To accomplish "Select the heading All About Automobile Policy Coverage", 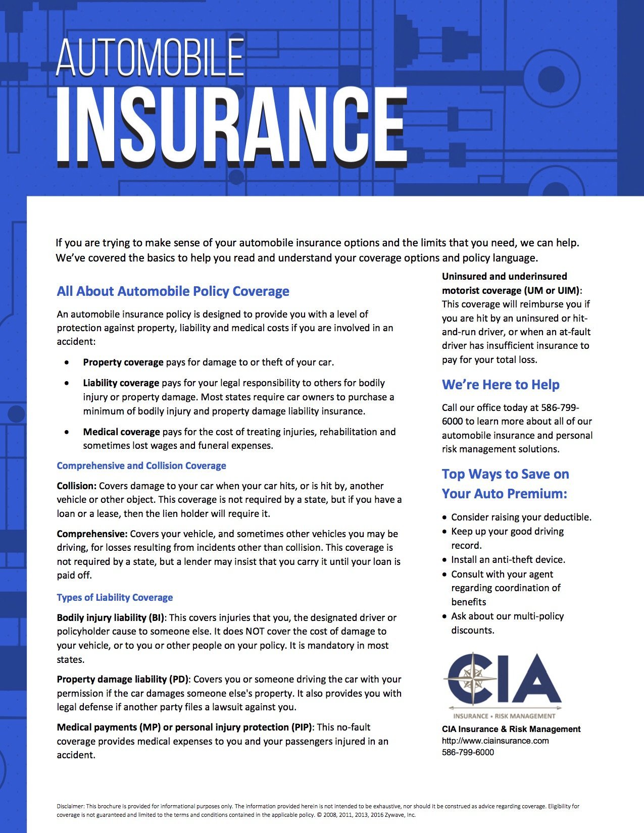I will click(x=173, y=291).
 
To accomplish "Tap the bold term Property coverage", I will click(x=123, y=362).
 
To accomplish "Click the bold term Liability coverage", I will click(x=121, y=383).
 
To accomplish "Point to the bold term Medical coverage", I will click(x=121, y=432).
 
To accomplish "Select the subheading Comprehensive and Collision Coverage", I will click(x=141, y=465).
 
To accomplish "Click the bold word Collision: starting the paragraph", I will click(x=76, y=486).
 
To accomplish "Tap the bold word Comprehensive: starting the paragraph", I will click(x=92, y=534).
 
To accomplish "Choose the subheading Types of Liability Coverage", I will click(x=115, y=597).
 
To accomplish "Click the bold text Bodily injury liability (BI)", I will click(x=111, y=617).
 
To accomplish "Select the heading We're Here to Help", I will click(x=501, y=385).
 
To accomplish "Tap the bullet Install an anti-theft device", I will click(x=508, y=559).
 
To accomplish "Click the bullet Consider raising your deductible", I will click(x=521, y=517).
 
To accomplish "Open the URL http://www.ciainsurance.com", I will click(x=495, y=741).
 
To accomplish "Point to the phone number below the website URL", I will click(x=468, y=752).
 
